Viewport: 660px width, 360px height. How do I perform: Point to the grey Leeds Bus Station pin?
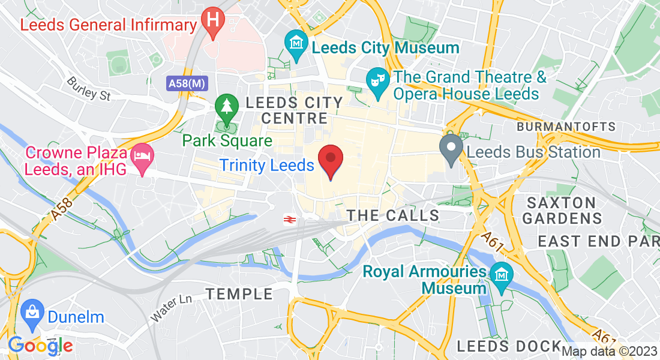451,148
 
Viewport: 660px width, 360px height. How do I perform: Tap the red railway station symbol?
289,219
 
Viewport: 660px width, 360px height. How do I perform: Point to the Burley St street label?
89,88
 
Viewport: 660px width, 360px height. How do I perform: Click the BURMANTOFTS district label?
566,127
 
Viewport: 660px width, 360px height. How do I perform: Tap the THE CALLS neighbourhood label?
393,215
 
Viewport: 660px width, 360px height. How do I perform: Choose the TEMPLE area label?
239,294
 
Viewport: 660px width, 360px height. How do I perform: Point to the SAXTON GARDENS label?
562,210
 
